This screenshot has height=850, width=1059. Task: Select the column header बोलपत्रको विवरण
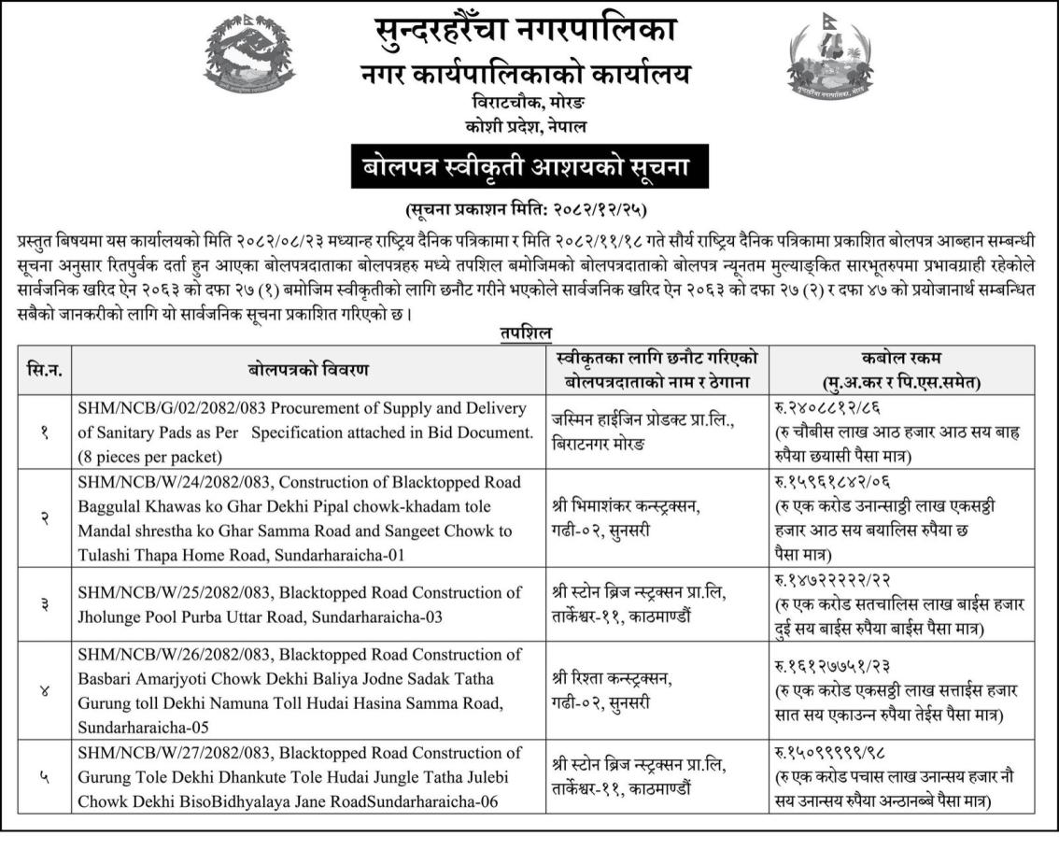pos(308,370)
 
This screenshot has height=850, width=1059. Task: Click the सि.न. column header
pos(45,370)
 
